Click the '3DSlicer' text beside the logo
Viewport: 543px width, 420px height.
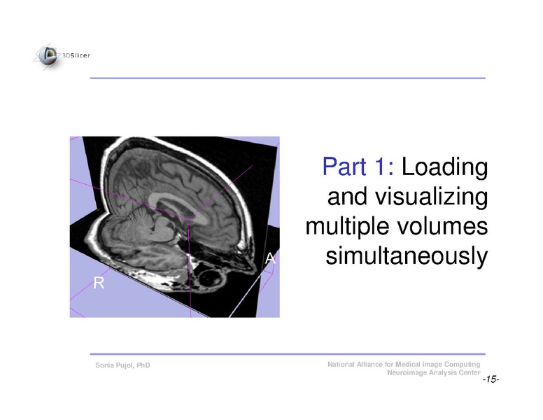click(76, 55)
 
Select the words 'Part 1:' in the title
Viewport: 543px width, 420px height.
click(358, 168)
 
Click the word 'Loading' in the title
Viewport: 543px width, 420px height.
click(445, 168)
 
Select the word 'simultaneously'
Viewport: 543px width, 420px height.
click(407, 257)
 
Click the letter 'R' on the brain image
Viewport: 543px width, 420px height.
click(99, 283)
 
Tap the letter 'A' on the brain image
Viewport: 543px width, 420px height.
click(271, 259)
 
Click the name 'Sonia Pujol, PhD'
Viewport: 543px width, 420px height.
click(122, 367)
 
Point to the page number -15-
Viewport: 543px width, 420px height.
click(490, 379)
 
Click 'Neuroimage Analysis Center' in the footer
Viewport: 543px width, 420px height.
click(433, 373)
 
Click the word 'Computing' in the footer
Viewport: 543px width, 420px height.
click(461, 365)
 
